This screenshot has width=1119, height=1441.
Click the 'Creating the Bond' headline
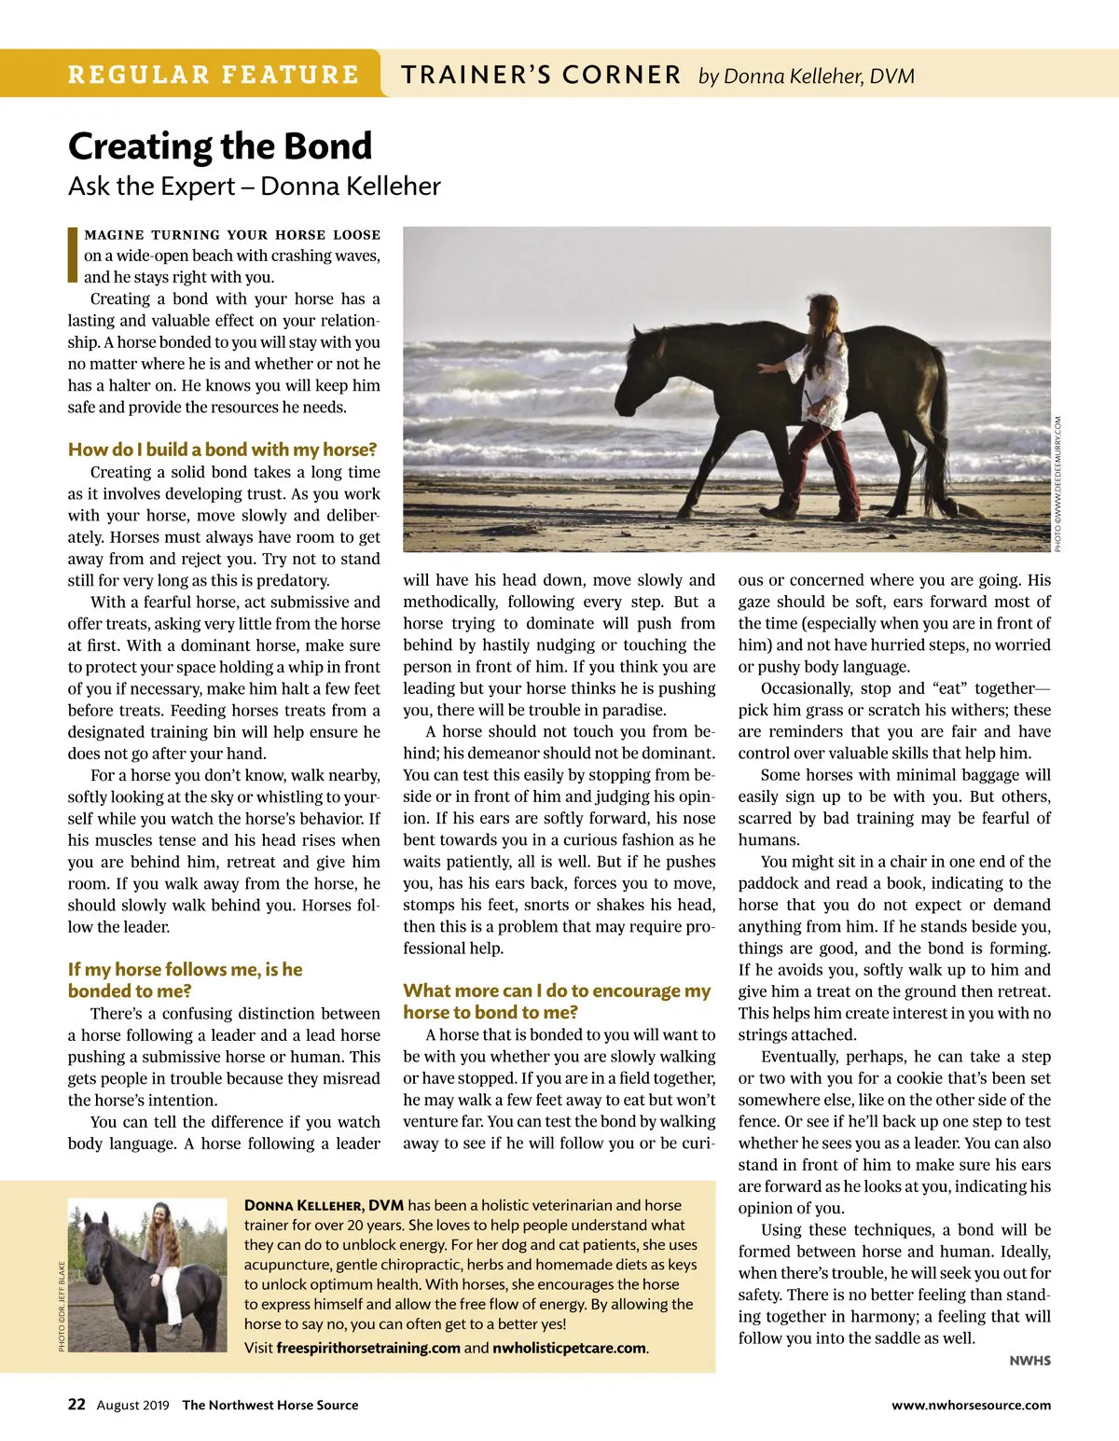(x=220, y=146)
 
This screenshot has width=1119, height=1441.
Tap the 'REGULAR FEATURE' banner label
(x=213, y=75)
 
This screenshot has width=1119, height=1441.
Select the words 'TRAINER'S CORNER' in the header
(x=541, y=75)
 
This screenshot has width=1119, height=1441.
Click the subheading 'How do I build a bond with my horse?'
(x=222, y=450)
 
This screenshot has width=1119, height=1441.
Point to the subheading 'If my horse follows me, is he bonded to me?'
(x=185, y=980)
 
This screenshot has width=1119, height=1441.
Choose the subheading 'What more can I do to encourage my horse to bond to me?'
(x=557, y=1001)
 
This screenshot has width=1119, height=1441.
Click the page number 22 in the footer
(x=76, y=1405)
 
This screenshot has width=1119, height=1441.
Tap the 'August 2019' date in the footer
(x=132, y=1406)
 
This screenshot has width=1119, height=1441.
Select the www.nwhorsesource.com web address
(x=971, y=1406)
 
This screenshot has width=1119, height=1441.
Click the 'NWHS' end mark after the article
(x=1029, y=1361)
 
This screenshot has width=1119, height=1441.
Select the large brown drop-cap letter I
(x=73, y=254)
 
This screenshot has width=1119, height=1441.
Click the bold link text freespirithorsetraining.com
(x=368, y=1348)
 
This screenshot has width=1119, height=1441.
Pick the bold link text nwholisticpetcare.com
(x=569, y=1348)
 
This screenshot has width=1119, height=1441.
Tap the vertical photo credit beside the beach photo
(x=1058, y=484)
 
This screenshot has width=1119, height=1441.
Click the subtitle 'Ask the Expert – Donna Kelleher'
(x=254, y=187)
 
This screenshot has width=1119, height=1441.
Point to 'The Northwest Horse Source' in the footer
(x=269, y=1406)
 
